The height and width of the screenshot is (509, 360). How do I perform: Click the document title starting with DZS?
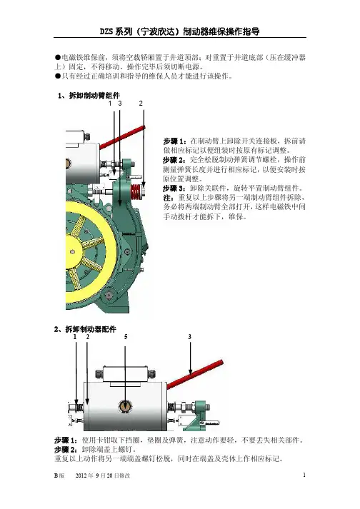tap(180, 31)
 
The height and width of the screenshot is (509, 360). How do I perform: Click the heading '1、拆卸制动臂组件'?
tap(89, 96)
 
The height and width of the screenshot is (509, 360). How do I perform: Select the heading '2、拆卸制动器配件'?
tap(85, 329)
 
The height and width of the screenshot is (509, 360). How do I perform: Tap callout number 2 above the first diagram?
tap(141, 104)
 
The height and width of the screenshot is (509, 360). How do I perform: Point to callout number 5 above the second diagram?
tap(126, 337)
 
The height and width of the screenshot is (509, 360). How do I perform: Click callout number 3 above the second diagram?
tap(190, 337)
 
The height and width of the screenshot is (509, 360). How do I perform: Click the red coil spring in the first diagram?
tap(136, 192)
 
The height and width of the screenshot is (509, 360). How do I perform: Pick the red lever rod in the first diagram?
tap(122, 138)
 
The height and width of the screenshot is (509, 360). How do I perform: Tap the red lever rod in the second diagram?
tap(195, 373)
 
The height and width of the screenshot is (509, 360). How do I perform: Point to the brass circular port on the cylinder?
tap(125, 406)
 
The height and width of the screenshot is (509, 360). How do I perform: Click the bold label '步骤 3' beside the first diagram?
tap(173, 188)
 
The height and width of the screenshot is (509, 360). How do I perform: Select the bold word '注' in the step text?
tap(167, 198)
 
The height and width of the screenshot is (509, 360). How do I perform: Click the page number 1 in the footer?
tap(304, 475)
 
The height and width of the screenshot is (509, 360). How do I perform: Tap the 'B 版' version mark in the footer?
tap(59, 475)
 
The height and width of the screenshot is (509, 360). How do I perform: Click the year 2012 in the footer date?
tap(81, 475)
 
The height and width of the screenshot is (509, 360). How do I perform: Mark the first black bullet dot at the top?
tap(58, 58)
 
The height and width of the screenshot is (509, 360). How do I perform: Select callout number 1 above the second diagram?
tap(75, 337)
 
